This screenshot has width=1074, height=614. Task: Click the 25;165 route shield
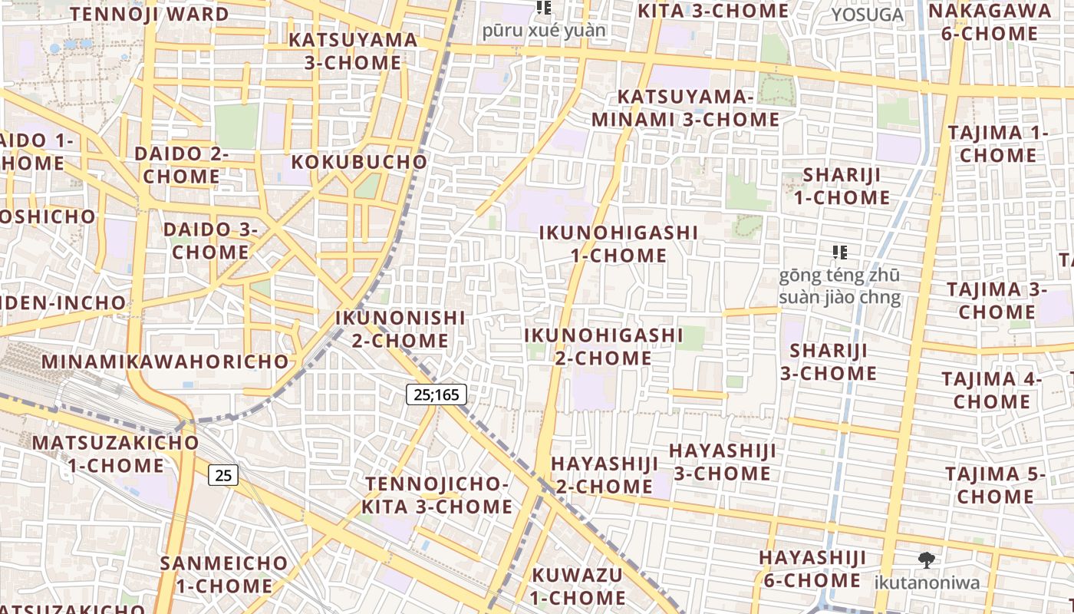pos(436,394)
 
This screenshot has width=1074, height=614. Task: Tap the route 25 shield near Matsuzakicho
pos(222,475)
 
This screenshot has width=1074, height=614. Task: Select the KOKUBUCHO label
pos(359,162)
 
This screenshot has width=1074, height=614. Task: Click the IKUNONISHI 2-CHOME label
pos(400,328)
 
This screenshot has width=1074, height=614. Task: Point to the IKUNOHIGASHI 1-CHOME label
pos(618,243)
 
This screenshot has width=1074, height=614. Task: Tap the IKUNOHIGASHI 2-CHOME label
pos(603,346)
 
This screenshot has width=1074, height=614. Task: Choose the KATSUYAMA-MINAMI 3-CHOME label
pos(685,108)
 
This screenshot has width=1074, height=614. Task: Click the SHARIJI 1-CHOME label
pos(842,186)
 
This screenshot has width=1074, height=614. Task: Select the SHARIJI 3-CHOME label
pos(829,361)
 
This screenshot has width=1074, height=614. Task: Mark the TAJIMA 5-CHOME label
pos(995,485)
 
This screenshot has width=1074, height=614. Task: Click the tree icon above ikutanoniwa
pos(927,560)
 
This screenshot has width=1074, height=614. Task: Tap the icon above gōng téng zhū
pos(840,252)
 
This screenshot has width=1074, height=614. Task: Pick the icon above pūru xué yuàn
pos(544,8)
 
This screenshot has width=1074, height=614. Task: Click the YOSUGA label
pos(868,15)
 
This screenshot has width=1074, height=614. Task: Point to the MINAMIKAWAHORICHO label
pos(166,361)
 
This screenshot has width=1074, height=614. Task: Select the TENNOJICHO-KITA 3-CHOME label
pos(437,495)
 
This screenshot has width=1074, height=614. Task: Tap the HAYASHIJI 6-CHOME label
pos(812,569)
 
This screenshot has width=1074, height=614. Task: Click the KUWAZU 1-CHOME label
pos(578,586)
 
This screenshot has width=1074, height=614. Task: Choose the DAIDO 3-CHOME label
pos(210,240)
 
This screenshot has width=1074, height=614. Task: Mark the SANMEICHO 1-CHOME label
pos(224,574)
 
